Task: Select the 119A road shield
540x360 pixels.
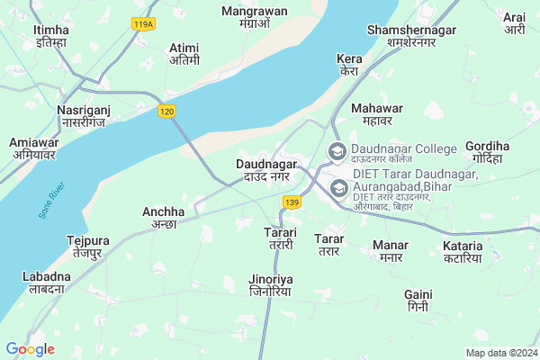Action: click(x=142, y=24)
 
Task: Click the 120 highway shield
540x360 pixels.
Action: click(x=164, y=111)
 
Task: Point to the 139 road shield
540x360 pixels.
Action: click(x=291, y=203)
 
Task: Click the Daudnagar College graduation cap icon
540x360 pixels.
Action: click(x=337, y=151)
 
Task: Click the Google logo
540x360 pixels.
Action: click(x=30, y=348)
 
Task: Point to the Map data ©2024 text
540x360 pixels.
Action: click(x=500, y=353)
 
